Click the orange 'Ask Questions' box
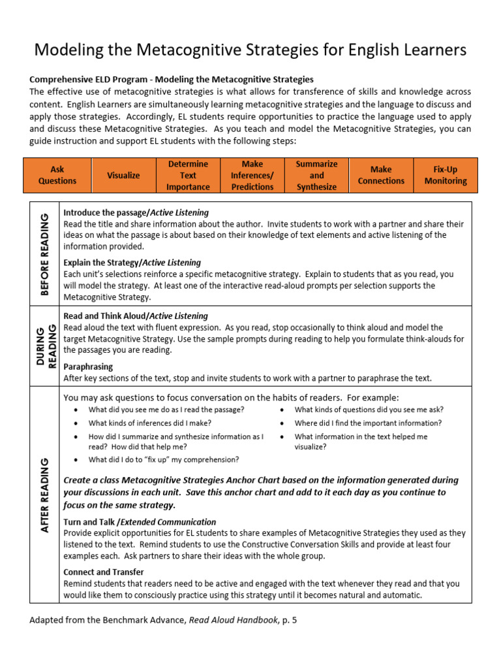57,175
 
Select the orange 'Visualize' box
123,175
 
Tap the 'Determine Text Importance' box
188,175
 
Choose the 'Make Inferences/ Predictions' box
252,175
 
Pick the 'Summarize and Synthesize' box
316,175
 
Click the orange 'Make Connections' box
381,175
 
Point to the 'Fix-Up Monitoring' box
446,175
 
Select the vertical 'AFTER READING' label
44,495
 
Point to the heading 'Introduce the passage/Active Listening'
136,212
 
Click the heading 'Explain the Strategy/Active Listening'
132,263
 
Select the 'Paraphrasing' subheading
88,367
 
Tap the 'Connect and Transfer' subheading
104,572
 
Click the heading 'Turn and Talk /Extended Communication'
140,522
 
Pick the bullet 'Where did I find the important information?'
368,423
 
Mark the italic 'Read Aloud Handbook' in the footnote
233,620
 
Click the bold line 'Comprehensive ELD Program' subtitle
171,80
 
